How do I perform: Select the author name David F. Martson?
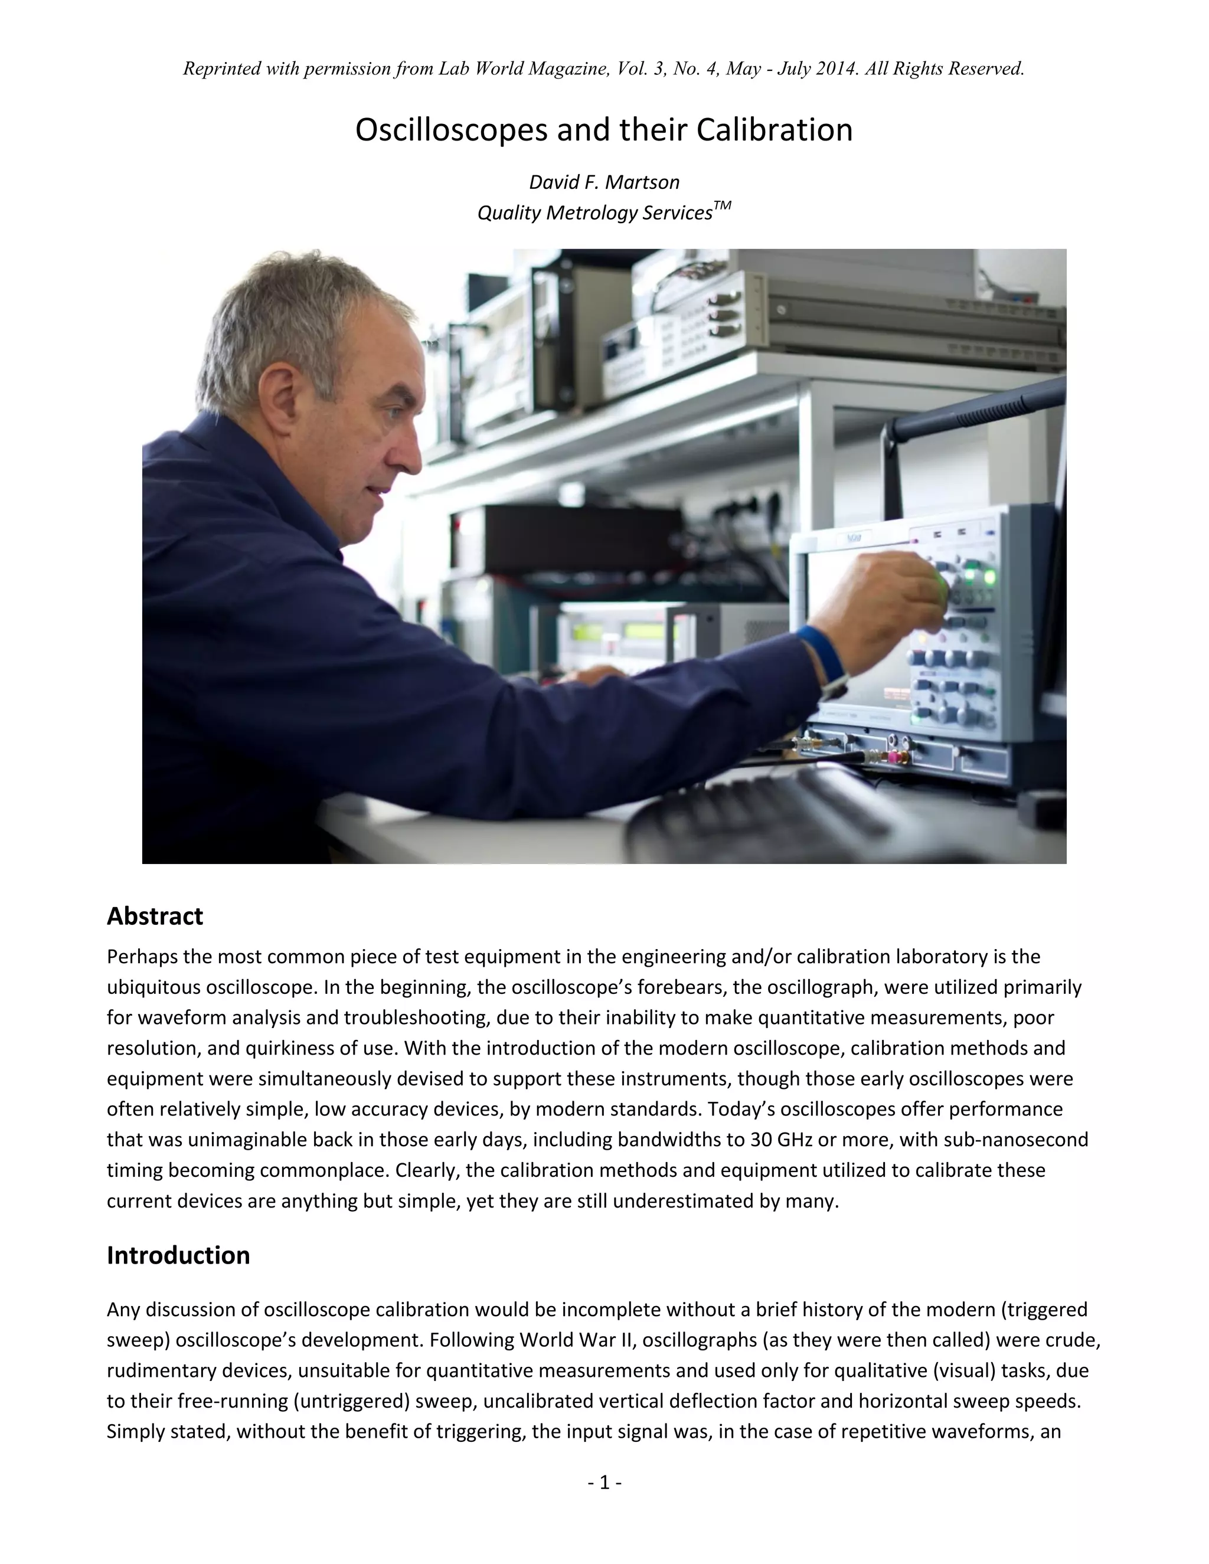click(604, 182)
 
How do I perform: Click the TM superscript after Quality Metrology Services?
click(723, 206)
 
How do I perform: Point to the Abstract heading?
click(155, 916)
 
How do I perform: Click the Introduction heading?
click(178, 1255)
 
